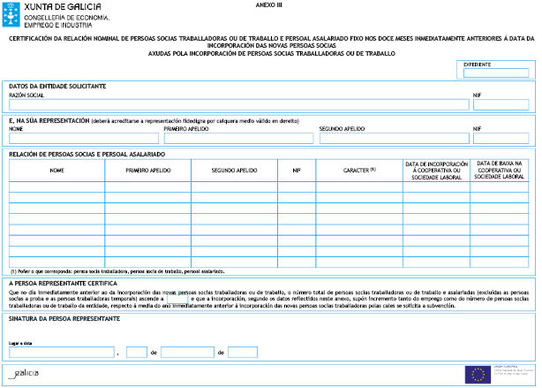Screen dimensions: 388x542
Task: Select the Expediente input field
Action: (x=496, y=72)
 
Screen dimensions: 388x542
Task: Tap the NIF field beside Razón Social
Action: (x=501, y=104)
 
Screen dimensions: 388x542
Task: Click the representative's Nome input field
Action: (x=84, y=138)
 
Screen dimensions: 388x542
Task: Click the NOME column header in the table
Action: (x=57, y=170)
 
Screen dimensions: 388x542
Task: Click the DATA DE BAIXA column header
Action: (x=501, y=170)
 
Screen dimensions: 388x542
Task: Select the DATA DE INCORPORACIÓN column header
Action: (x=436, y=170)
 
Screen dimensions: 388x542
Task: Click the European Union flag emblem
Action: (x=480, y=373)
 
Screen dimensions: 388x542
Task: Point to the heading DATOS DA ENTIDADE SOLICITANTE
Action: (x=57, y=86)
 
